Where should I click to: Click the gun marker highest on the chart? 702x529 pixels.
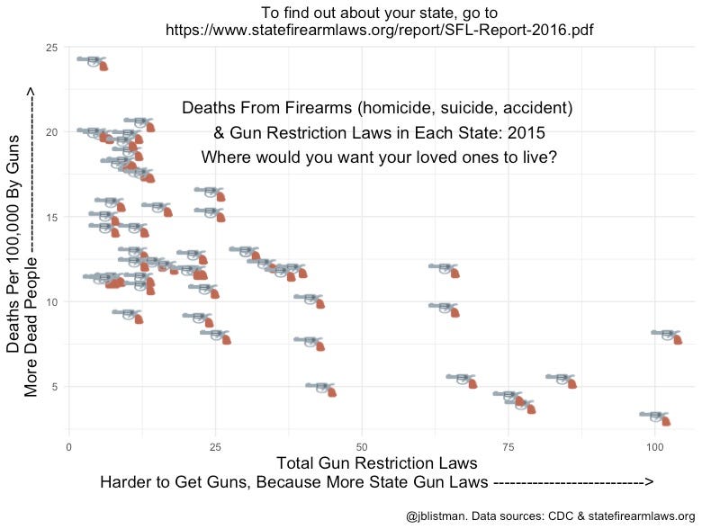93,61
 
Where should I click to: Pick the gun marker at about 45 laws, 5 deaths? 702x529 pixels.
321,388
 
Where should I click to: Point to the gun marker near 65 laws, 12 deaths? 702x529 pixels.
445,269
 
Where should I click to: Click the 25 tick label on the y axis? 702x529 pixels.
52,48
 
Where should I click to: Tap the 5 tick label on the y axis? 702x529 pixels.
55,387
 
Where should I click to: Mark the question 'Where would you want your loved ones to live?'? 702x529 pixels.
378,157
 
